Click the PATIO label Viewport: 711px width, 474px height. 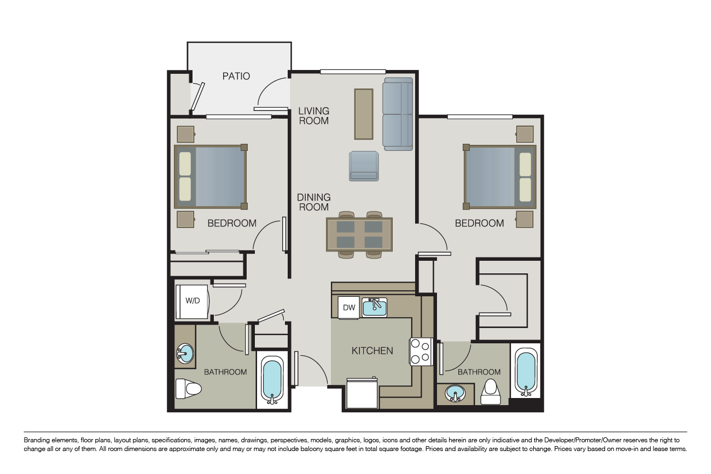(236, 76)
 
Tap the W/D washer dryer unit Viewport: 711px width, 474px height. (193, 301)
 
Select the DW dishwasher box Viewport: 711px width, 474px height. (348, 307)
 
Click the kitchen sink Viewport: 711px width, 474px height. (375, 307)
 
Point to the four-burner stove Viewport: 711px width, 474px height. (421, 352)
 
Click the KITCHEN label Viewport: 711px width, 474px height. (372, 350)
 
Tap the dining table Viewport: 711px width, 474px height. (359, 235)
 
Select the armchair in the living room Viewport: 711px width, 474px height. (364, 166)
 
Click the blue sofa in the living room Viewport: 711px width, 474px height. (398, 114)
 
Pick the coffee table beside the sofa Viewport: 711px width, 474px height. (364, 114)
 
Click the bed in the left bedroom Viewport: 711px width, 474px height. (211, 177)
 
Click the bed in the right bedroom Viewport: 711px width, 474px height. (499, 177)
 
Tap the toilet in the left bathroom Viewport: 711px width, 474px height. (189, 388)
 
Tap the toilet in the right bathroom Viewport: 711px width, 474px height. (491, 392)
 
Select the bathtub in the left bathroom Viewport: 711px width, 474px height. (272, 380)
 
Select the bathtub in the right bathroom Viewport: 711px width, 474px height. (526, 372)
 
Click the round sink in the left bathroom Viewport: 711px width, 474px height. (185, 353)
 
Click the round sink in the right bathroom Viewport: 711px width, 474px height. (455, 394)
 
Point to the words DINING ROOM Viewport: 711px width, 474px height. (313, 202)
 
